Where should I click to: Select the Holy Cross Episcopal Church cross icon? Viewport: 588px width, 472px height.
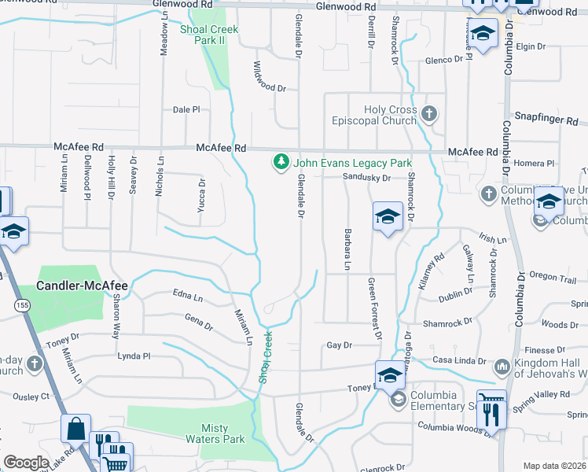pos(428,114)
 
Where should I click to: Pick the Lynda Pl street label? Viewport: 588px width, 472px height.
pos(133,356)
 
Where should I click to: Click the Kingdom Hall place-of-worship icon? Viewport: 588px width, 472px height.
pos(502,367)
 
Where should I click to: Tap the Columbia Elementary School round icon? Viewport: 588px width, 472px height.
pos(398,400)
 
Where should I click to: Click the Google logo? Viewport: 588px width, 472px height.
pos(26,463)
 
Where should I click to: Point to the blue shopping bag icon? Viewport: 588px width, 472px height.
pos(77,430)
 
